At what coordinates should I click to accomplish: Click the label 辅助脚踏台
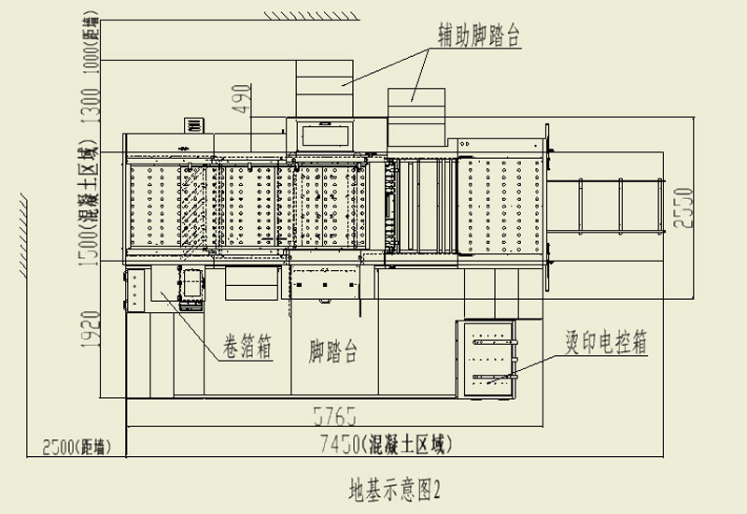pyautogui.click(x=478, y=35)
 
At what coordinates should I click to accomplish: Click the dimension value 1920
pyautogui.click(x=92, y=330)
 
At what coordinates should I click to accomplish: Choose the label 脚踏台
pyautogui.click(x=333, y=350)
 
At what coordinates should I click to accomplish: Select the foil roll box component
pyautogui.click(x=191, y=290)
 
